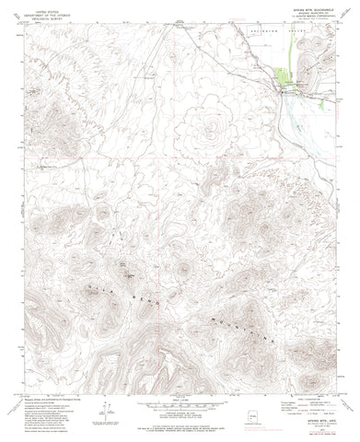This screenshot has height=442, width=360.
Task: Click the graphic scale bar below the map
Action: click(180, 402)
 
